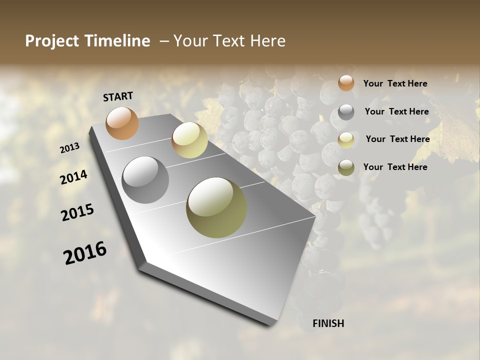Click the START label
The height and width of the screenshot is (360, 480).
(x=118, y=96)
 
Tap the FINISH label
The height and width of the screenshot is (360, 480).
(x=328, y=323)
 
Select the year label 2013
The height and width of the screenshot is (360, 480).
(x=70, y=148)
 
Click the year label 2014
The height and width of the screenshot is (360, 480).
(x=73, y=177)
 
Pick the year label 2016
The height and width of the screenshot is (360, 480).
(x=85, y=253)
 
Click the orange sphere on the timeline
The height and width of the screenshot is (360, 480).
(x=122, y=123)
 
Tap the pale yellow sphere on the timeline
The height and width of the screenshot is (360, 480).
(x=189, y=140)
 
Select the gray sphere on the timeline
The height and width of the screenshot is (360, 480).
(x=145, y=180)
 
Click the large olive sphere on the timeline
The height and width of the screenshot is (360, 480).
(x=216, y=207)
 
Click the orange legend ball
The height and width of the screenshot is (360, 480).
(x=346, y=83)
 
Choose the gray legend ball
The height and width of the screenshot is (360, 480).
(x=346, y=112)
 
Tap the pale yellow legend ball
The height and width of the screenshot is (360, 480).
(x=346, y=140)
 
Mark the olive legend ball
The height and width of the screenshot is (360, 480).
(x=346, y=167)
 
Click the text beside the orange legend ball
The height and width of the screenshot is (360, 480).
(x=395, y=83)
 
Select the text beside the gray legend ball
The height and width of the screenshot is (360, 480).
(x=396, y=111)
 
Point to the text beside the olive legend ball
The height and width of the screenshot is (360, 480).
(x=395, y=167)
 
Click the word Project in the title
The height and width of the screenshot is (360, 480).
(x=52, y=41)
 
